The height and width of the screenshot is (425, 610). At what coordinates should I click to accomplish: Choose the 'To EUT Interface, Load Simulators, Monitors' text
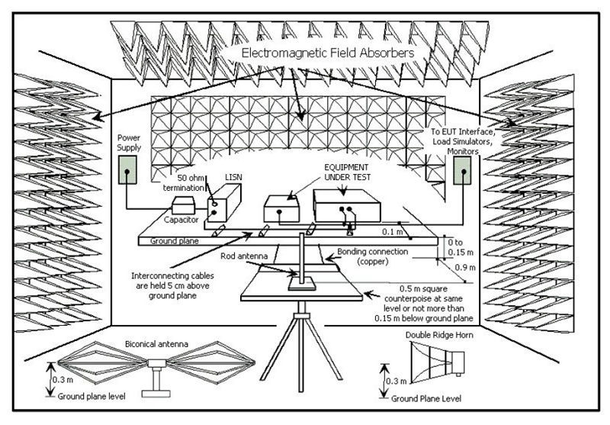[466, 140]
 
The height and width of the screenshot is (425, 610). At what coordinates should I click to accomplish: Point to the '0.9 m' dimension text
[464, 268]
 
